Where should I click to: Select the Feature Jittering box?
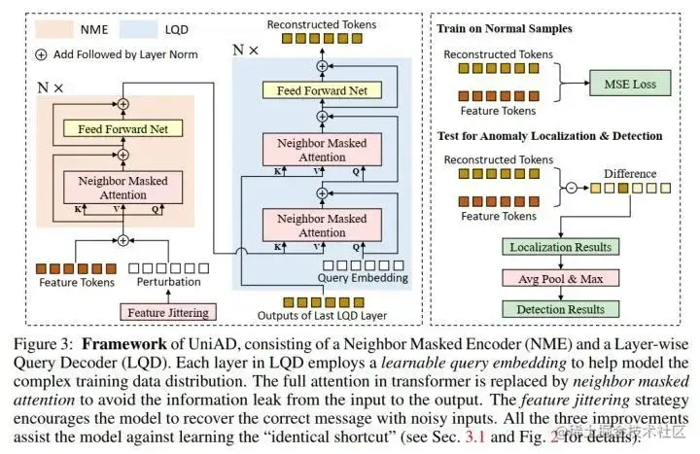[165, 311]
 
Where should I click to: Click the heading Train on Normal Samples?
[504, 29]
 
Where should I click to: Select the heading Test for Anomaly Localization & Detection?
[551, 136]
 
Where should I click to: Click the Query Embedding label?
[362, 278]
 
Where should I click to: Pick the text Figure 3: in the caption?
[42, 343]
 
